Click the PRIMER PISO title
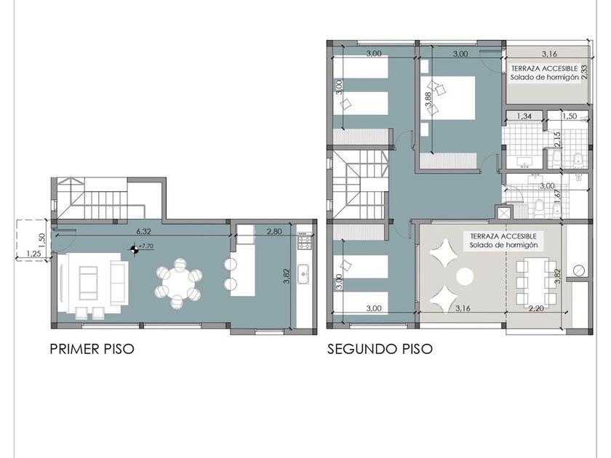click(x=92, y=349)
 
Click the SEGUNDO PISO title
click(x=380, y=349)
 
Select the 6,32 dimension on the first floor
click(x=143, y=231)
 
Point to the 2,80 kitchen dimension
click(x=274, y=231)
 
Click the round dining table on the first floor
click(x=178, y=282)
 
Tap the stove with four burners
click(x=304, y=241)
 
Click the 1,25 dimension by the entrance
click(x=33, y=254)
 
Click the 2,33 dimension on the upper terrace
click(x=584, y=73)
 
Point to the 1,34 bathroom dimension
click(x=524, y=116)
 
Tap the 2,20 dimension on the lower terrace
click(x=536, y=308)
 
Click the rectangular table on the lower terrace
click(x=537, y=281)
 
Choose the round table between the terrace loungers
click(x=465, y=277)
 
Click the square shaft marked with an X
click(x=504, y=213)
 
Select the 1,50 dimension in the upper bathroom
click(x=570, y=116)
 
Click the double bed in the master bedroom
click(x=448, y=97)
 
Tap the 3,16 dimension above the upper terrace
click(x=549, y=54)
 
